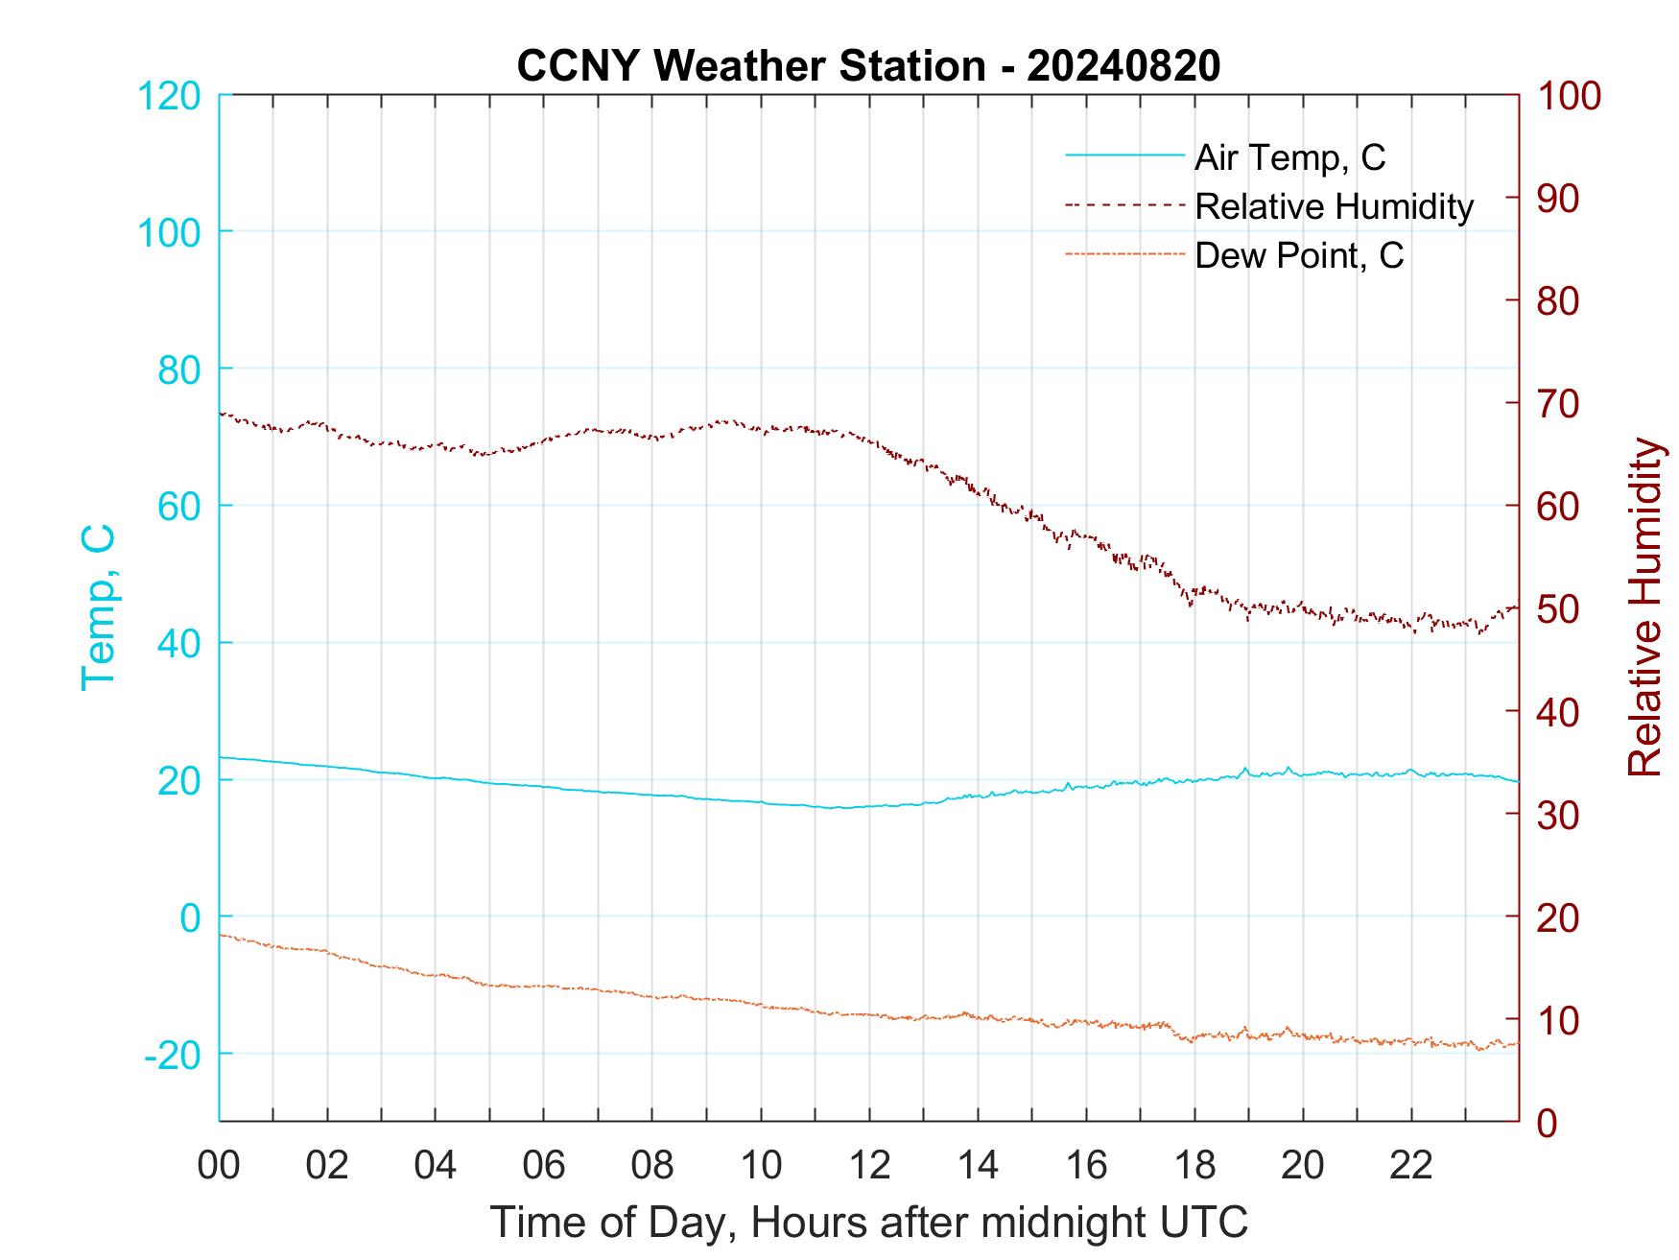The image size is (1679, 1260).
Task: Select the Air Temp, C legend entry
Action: point(1289,157)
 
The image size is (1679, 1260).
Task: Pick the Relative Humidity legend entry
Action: point(1333,206)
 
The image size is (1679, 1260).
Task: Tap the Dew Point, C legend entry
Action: point(1298,256)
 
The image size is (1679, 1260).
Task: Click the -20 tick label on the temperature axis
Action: point(173,1056)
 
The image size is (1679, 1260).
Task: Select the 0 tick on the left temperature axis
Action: point(191,917)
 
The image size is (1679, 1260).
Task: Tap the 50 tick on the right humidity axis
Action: point(1558,609)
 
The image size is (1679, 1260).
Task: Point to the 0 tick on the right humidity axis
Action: point(1548,1122)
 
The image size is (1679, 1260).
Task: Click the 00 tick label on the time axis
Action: point(219,1166)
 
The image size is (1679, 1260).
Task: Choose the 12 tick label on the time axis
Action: point(869,1166)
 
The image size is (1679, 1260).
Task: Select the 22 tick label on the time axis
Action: point(1411,1166)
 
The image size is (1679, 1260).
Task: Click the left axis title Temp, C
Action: point(98,607)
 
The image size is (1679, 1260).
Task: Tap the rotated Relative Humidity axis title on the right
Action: point(1644,607)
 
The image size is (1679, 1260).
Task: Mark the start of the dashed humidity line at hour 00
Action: point(222,414)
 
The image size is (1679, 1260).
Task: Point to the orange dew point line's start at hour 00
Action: point(222,935)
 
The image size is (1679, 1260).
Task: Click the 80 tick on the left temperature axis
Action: point(179,368)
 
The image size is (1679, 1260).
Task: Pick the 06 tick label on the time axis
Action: point(544,1166)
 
